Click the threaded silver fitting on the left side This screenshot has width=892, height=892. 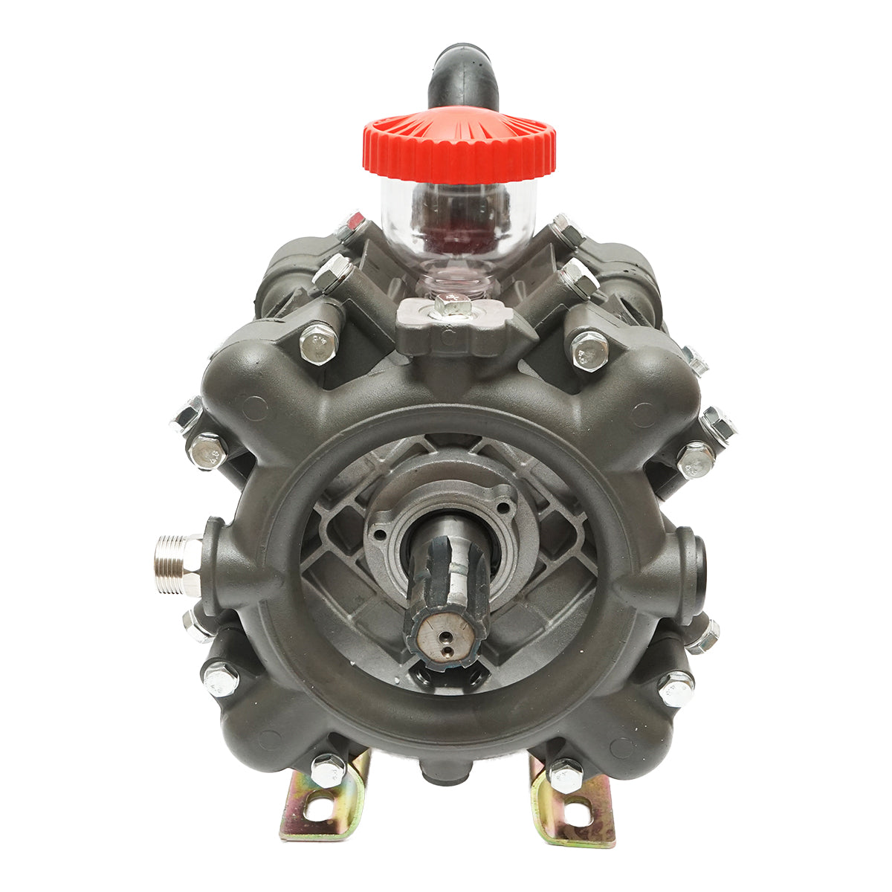[176, 563]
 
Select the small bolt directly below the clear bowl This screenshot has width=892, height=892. [451, 304]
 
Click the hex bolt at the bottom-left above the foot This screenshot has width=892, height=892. [327, 769]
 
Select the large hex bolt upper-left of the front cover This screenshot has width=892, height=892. [319, 343]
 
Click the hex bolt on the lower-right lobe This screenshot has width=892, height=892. [675, 688]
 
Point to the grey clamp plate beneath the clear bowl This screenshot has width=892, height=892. [455, 327]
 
